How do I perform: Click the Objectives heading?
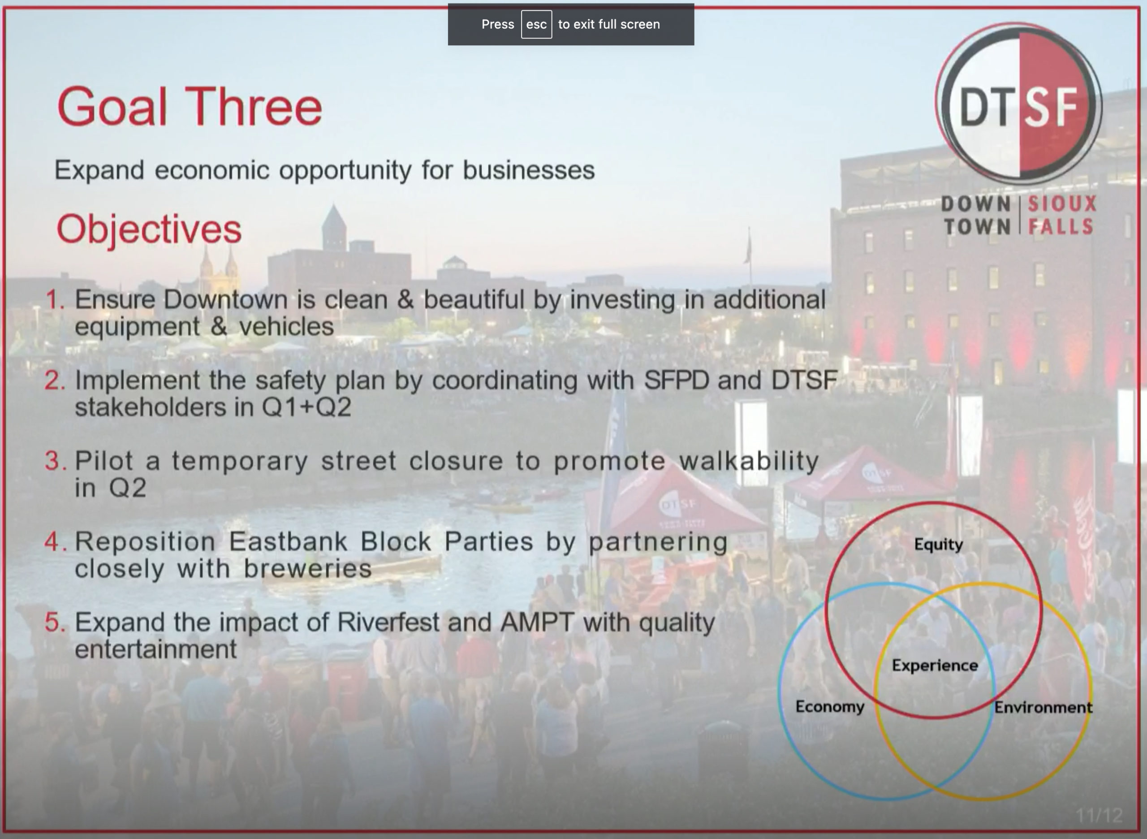pos(149,229)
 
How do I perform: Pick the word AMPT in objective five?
pos(537,622)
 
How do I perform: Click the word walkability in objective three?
pos(749,461)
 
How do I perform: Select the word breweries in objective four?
pos(308,568)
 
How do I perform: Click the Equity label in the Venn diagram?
pos(938,545)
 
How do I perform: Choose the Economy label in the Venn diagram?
pos(830,707)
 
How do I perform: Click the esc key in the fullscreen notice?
pos(536,24)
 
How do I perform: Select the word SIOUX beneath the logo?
pos(1062,203)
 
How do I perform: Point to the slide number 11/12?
pos(1099,816)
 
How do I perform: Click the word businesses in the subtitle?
pos(529,169)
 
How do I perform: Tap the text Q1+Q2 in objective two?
pos(306,407)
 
